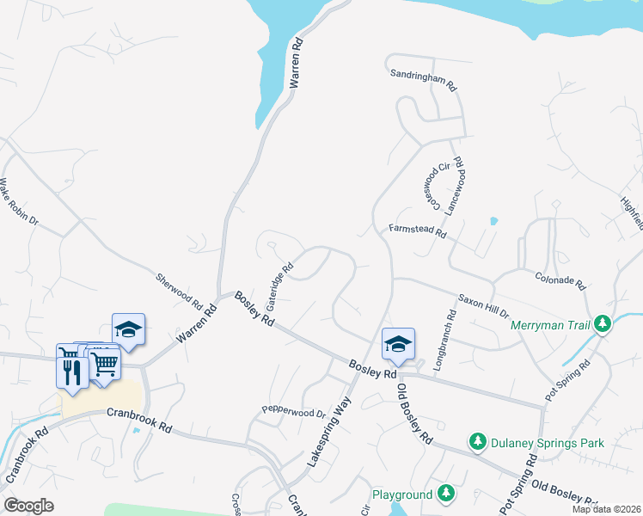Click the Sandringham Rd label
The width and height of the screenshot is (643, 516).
pos(423,81)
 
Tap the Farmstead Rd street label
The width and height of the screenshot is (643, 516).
pos(419,230)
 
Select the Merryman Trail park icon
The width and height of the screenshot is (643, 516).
pos(603,323)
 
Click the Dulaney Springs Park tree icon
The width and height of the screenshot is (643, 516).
pos(477,441)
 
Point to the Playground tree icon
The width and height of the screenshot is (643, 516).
pos(445,493)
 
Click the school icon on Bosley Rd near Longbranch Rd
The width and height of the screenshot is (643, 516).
pos(398,344)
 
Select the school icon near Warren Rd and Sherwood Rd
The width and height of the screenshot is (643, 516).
pos(128,329)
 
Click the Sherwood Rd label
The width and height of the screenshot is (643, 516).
pos(178,292)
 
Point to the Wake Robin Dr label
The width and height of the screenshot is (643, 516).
pos(19,201)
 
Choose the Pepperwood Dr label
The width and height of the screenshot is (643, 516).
pos(294,412)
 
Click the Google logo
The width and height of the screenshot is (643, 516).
pos(28,506)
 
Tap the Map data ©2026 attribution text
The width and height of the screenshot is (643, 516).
pos(606,509)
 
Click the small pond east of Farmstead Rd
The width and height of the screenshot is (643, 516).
pos(493,221)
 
